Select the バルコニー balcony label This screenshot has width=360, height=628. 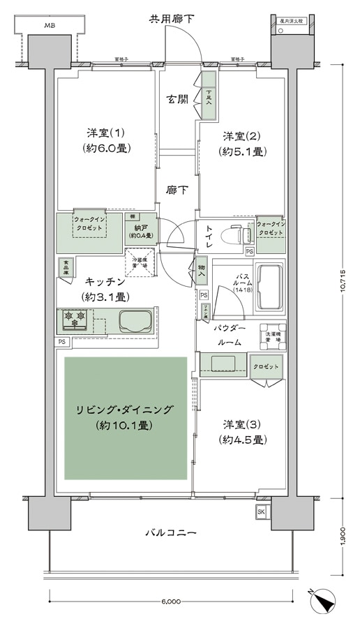(170, 533)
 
